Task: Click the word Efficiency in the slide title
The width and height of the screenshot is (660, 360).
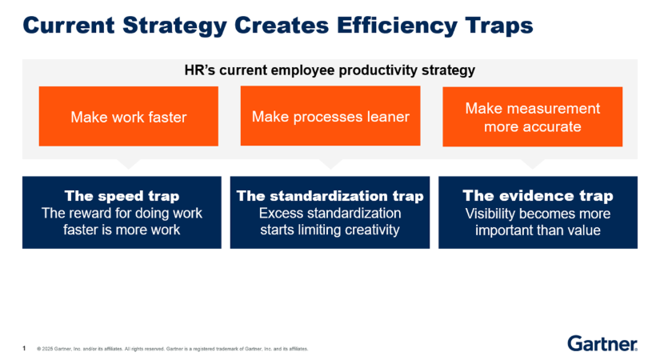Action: [x=397, y=26]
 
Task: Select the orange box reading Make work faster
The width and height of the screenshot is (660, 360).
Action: [x=128, y=117]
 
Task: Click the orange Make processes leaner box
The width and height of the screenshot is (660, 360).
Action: [x=330, y=116]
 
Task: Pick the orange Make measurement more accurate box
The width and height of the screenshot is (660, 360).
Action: [x=533, y=117]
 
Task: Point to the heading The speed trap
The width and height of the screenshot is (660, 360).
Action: [x=122, y=196]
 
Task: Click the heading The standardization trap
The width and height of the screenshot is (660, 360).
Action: [x=330, y=196]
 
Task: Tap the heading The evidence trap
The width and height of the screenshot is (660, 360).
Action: [x=538, y=196]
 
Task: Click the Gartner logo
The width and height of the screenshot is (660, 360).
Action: [x=602, y=343]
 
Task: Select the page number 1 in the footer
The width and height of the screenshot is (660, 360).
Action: [x=24, y=348]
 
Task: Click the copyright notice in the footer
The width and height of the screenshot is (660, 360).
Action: [x=173, y=349]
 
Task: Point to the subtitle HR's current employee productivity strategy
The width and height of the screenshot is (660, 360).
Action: [x=330, y=70]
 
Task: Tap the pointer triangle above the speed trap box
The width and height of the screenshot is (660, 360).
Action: [x=128, y=163]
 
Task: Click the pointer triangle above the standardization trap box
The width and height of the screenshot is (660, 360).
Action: [x=330, y=163]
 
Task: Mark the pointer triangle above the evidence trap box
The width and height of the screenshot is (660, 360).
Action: [x=533, y=163]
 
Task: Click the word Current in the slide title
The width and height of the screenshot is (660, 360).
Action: [x=69, y=25]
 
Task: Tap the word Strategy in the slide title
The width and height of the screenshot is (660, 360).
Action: [x=174, y=26]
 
